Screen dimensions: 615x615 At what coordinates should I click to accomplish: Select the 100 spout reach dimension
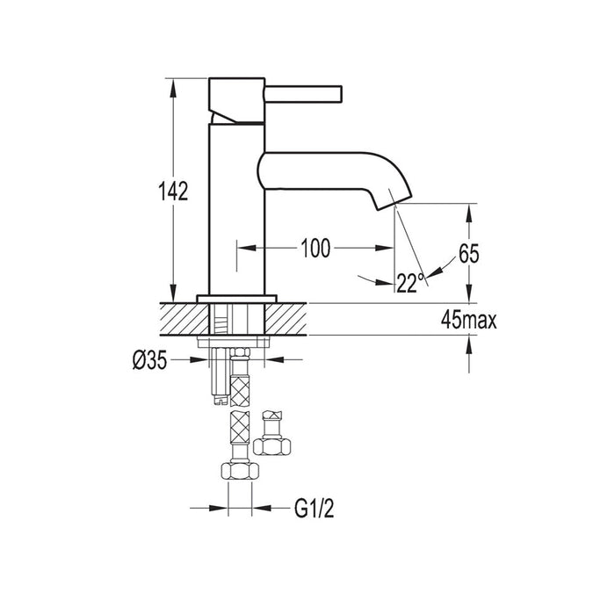pyautogui.click(x=314, y=249)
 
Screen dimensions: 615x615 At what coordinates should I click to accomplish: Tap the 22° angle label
pyautogui.click(x=409, y=282)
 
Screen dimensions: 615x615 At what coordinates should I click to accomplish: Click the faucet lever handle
pyautogui.click(x=303, y=91)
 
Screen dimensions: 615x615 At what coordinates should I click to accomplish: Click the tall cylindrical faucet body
pyautogui.click(x=235, y=211)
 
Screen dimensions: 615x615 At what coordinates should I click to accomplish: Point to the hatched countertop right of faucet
pyautogui.click(x=290, y=318)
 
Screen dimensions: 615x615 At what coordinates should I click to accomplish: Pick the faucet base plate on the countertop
pyautogui.click(x=235, y=296)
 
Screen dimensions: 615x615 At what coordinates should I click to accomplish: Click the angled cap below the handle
pyautogui.click(x=235, y=113)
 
